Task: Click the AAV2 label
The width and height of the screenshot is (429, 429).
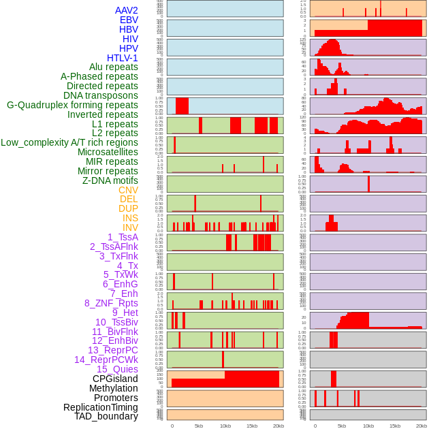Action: [127, 10]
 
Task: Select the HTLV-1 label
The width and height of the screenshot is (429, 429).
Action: [123, 58]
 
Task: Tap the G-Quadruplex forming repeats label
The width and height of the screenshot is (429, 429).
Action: [72, 105]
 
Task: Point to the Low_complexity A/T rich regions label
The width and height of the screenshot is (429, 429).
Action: [69, 142]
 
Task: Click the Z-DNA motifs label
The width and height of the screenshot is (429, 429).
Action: [110, 180]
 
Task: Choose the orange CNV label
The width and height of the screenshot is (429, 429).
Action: [128, 190]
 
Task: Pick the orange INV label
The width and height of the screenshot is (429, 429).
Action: [130, 227]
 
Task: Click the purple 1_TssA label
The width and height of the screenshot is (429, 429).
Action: [123, 237]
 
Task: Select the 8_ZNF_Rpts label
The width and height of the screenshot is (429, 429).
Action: [111, 303]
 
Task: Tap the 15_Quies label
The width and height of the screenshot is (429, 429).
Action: [116, 369]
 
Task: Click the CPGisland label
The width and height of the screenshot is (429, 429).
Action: [115, 379]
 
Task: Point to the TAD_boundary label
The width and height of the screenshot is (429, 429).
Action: [106, 416]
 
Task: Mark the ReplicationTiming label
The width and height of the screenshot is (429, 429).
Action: [101, 407]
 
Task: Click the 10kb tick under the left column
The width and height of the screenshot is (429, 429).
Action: [225, 426]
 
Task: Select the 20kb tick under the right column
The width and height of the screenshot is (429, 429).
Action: [422, 426]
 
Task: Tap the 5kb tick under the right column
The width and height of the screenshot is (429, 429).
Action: [342, 426]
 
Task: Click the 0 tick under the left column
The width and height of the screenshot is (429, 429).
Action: [172, 426]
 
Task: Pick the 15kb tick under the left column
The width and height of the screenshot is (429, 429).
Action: [252, 426]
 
